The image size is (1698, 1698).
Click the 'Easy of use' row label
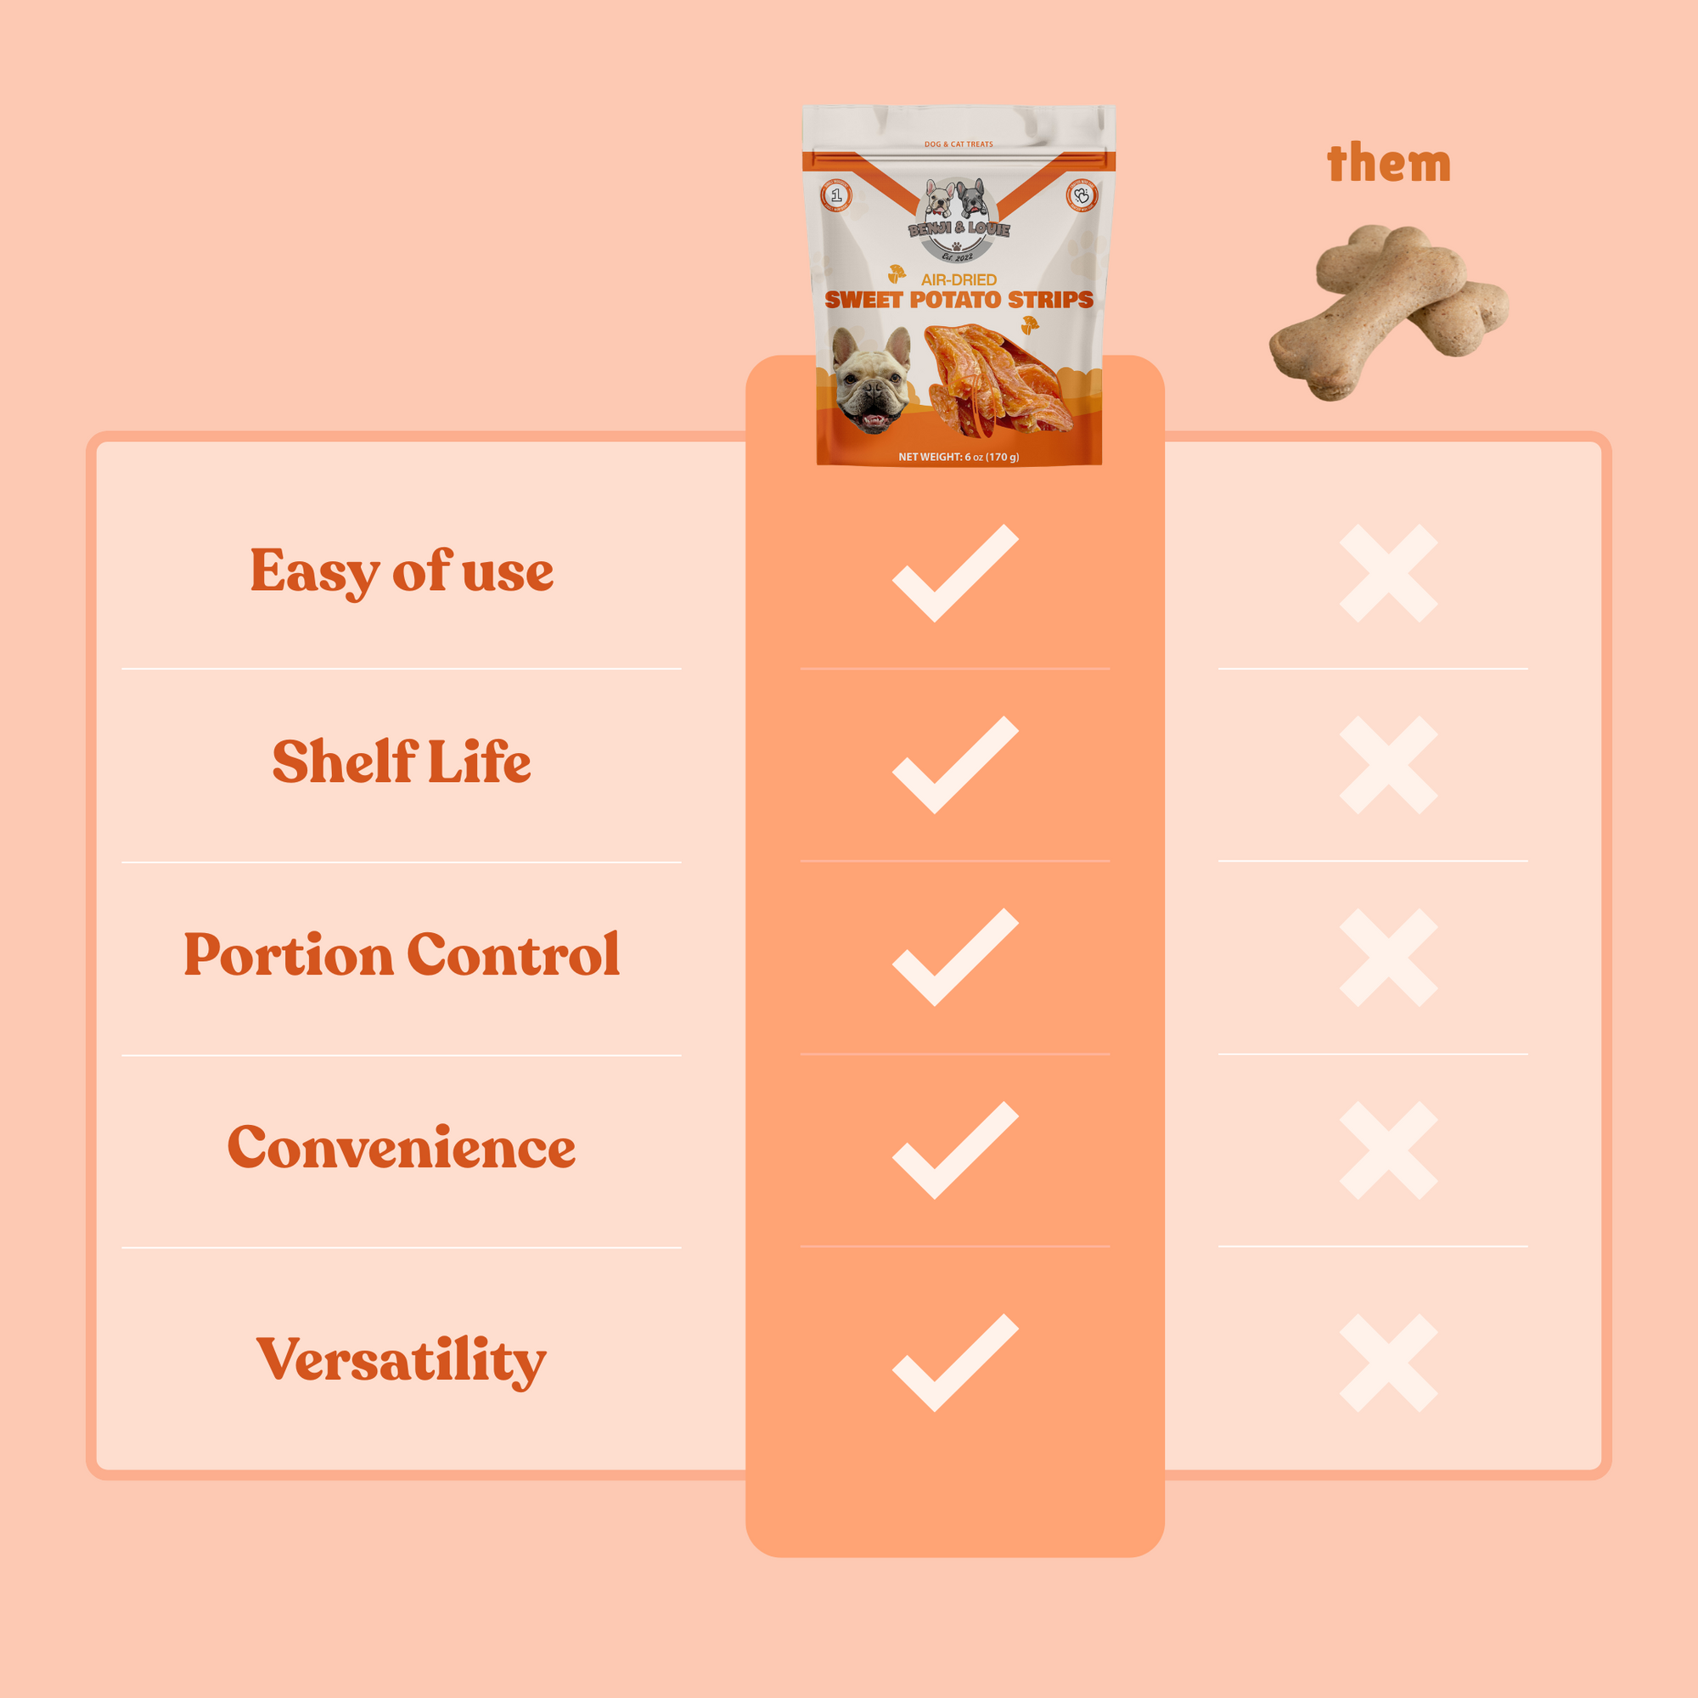click(x=402, y=571)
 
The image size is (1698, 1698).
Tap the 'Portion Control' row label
click(x=402, y=954)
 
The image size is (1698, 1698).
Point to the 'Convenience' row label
click(x=402, y=1147)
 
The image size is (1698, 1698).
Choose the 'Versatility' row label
click(x=402, y=1359)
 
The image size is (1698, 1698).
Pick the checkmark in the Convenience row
click(x=954, y=1151)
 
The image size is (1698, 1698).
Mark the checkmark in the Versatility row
click(x=954, y=1364)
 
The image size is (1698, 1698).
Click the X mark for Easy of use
click(x=1389, y=574)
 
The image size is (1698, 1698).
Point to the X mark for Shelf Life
click(x=1389, y=766)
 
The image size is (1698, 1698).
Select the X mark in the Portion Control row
click(x=1389, y=958)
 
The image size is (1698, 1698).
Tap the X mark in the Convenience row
click(x=1389, y=1150)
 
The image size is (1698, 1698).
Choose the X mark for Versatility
click(x=1389, y=1363)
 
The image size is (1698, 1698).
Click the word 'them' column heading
click(x=1389, y=165)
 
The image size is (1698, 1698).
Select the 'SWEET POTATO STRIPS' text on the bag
click(x=959, y=300)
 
